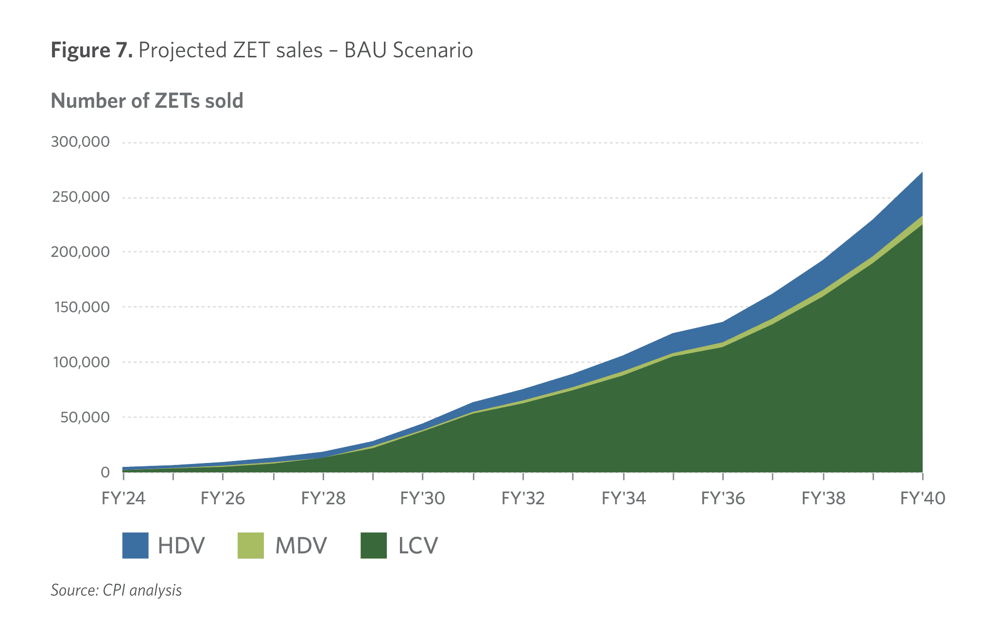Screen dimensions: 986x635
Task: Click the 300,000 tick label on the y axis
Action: (x=80, y=142)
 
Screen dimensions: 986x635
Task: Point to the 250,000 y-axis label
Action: (x=81, y=197)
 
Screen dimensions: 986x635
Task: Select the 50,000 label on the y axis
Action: (x=85, y=417)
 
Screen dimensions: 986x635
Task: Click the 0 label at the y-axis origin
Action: (x=105, y=472)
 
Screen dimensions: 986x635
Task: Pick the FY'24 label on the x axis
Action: (x=123, y=498)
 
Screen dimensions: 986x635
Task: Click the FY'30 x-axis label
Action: (x=422, y=498)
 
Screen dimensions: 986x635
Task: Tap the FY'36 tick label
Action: (x=723, y=498)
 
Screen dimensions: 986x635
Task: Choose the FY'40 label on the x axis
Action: (x=922, y=498)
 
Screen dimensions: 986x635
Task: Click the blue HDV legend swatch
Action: (x=135, y=546)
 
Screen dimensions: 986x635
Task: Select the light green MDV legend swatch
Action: (x=251, y=546)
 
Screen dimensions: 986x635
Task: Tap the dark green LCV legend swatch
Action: (x=374, y=546)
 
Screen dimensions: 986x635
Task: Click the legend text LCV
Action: (x=418, y=546)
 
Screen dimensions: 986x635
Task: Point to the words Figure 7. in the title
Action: (x=92, y=51)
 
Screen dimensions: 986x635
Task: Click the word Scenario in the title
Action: (x=433, y=50)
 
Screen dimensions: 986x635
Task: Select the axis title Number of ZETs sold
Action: (x=147, y=101)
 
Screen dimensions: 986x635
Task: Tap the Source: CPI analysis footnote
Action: (x=116, y=590)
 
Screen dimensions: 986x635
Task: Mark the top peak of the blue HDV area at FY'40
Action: (x=922, y=172)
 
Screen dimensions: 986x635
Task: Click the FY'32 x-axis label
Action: (x=523, y=498)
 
